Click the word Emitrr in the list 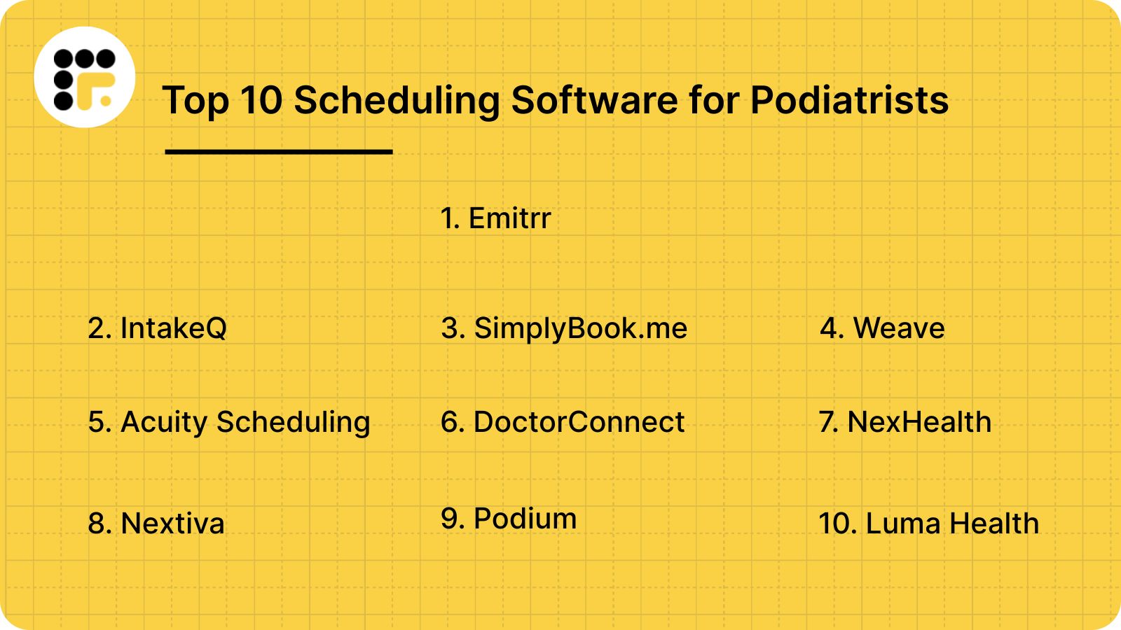coord(509,218)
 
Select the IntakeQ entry coord(173,328)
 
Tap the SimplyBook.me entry coord(581,328)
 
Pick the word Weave coord(899,328)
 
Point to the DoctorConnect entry coord(579,422)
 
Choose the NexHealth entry coord(919,422)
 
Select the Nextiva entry coord(172,524)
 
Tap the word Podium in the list coord(525,519)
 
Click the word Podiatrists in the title coord(849,100)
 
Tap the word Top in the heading coord(195,100)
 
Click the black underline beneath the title coord(279,151)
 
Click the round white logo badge coord(85,77)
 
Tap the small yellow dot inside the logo coord(106,101)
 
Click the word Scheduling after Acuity coord(293,422)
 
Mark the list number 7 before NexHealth coord(827,422)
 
